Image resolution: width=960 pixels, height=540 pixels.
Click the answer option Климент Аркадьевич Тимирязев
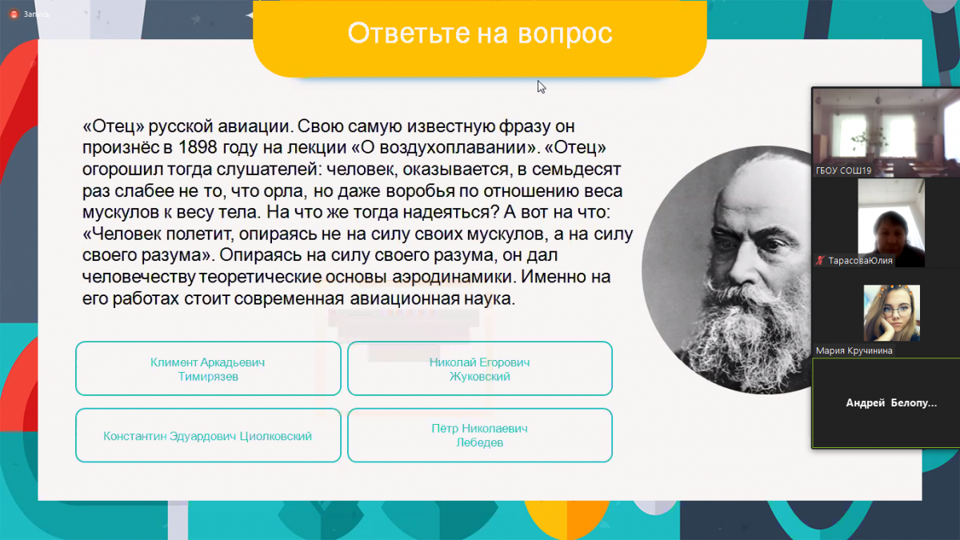(x=208, y=369)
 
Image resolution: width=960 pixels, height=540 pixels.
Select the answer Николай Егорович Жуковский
(x=479, y=369)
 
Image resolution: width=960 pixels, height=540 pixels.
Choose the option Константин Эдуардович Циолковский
(x=208, y=435)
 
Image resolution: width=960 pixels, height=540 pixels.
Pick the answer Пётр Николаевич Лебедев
(x=479, y=435)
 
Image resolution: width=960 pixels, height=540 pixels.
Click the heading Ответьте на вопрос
(x=479, y=33)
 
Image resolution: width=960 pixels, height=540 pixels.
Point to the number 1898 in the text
(x=198, y=147)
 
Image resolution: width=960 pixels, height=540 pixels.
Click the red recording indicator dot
(x=14, y=14)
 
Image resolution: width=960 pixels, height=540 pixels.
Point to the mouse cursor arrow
(x=542, y=86)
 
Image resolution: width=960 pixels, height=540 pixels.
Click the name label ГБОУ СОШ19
(x=843, y=170)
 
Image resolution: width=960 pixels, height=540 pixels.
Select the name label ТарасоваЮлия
(x=860, y=261)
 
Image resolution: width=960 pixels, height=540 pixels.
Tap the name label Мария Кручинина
(x=854, y=350)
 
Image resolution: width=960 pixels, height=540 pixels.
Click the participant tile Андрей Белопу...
(x=886, y=403)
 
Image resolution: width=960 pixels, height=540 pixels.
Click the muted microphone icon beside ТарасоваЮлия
(x=820, y=261)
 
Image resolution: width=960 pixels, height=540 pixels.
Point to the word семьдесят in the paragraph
(x=577, y=170)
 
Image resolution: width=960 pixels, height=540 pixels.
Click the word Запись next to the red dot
(x=37, y=14)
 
